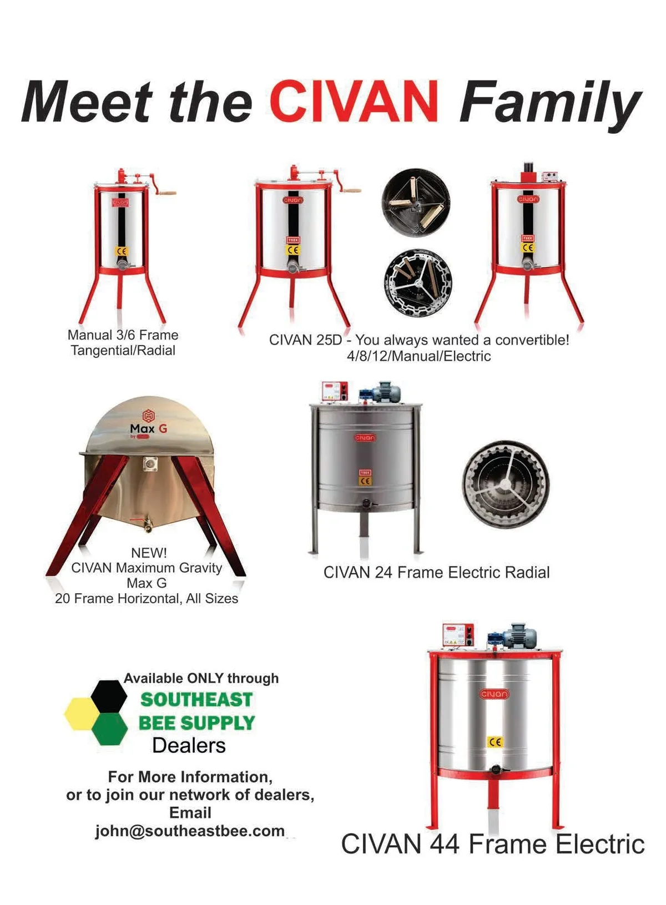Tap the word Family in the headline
tap(550, 104)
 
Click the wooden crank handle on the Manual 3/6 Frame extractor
tap(167, 193)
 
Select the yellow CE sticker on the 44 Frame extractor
tap(495, 742)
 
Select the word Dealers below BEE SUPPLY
tap(189, 746)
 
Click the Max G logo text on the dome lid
tap(148, 428)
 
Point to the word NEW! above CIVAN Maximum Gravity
tap(149, 552)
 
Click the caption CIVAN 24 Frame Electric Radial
tap(436, 573)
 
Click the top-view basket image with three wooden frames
tap(416, 203)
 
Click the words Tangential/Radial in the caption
tap(123, 350)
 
